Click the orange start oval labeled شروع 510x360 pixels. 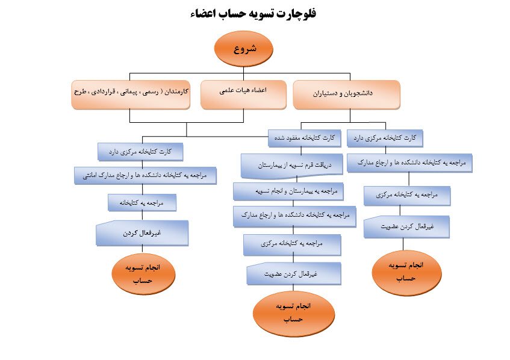(x=243, y=49)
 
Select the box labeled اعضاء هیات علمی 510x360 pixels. (x=243, y=95)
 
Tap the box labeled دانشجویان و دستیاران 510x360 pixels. (x=346, y=95)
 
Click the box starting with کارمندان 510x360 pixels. (x=131, y=95)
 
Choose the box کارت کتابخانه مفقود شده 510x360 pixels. (x=305, y=138)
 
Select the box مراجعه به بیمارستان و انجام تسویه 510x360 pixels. (x=288, y=191)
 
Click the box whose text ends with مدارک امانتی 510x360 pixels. (x=145, y=176)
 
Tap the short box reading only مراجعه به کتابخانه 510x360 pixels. (x=142, y=203)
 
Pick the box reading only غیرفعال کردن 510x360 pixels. (x=142, y=233)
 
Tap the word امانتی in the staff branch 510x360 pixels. (x=90, y=176)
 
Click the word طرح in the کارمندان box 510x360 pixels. (x=80, y=92)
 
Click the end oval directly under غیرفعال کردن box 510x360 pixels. (x=143, y=274)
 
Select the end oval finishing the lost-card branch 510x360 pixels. (x=293, y=313)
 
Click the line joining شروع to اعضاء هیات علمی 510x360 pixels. (x=243, y=74)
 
